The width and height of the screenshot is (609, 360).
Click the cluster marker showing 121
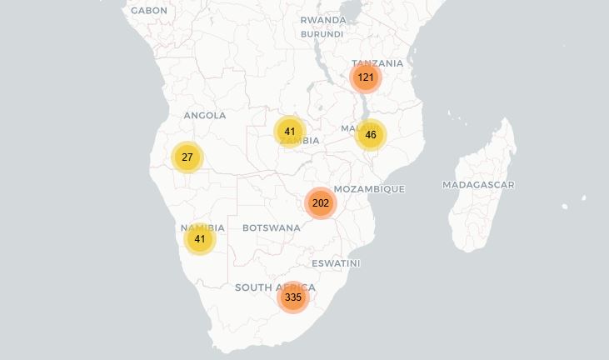pos(365,77)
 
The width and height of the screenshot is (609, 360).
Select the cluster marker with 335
pos(292,297)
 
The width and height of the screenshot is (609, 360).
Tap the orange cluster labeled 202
pos(321,203)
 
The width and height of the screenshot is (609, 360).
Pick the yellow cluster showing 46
pos(371,135)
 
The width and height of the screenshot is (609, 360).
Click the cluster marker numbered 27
pos(187,157)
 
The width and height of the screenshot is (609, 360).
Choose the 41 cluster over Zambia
pos(289,132)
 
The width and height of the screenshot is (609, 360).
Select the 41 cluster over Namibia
pos(199,239)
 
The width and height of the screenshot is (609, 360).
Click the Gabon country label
pos(149,11)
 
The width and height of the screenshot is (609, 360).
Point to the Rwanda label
pos(323,20)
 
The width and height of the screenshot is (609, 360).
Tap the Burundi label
pos(322,34)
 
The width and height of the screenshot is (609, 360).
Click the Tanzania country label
pos(377,63)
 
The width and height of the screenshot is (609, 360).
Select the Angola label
pos(204,116)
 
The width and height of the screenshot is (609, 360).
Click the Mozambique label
pos(369,189)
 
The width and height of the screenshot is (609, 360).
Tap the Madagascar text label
pos(478,185)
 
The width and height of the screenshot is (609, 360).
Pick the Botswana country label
pos(271,227)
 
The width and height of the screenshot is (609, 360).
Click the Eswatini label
pos(336,263)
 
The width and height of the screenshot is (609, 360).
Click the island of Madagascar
pos(483,212)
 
